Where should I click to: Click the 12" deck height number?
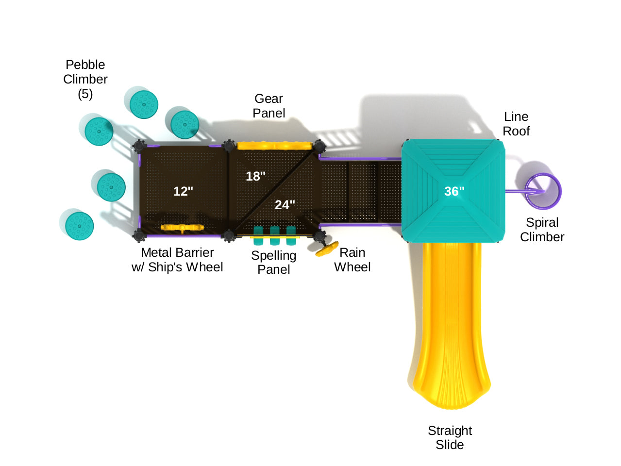click(183, 191)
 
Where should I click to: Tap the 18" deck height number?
click(255, 176)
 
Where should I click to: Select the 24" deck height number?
click(285, 205)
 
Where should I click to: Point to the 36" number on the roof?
click(454, 191)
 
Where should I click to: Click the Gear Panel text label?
click(269, 106)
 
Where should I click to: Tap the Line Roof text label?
click(516, 124)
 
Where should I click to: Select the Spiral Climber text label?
click(542, 230)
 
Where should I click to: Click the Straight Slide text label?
click(450, 437)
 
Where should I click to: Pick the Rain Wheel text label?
click(352, 260)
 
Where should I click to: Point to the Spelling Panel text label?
click(273, 262)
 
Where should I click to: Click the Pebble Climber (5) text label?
click(85, 79)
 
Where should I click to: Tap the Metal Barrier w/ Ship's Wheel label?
click(177, 260)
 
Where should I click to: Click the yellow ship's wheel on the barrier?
click(182, 227)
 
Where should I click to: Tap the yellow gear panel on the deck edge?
click(274, 145)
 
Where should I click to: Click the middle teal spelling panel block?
click(275, 235)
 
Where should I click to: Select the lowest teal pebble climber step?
click(80, 226)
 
